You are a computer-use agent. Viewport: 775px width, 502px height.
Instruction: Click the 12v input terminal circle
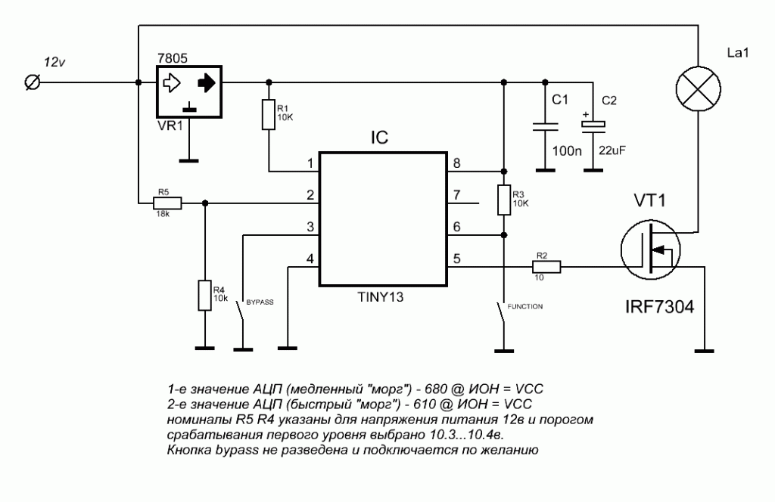tap(33, 82)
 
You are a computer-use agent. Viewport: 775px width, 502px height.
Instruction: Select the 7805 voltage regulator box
tap(189, 92)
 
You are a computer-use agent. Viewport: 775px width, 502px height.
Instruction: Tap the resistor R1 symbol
tap(269, 114)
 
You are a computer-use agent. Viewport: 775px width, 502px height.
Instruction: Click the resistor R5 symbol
tap(167, 203)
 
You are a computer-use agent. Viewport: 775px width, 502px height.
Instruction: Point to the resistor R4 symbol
tap(204, 295)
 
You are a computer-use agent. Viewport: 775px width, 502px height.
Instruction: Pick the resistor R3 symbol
tap(503, 200)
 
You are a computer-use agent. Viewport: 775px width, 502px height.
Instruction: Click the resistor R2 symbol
tap(546, 267)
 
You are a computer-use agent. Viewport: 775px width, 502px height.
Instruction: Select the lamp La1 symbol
tap(698, 89)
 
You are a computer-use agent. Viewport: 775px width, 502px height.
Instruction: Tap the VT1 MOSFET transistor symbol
tap(650, 249)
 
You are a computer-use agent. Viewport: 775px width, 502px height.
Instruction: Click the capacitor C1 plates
tap(545, 127)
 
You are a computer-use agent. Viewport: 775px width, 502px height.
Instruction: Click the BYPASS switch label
tap(260, 302)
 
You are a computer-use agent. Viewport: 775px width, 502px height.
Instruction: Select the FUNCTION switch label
tap(525, 306)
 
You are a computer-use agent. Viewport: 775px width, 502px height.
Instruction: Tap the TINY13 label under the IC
tap(381, 297)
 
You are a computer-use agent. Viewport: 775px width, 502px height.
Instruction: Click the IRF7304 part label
tap(659, 306)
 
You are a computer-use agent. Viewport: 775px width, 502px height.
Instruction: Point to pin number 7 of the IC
tap(456, 195)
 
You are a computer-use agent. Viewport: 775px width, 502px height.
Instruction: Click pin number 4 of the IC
tap(310, 259)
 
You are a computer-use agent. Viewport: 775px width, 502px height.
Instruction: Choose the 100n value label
tap(566, 151)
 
